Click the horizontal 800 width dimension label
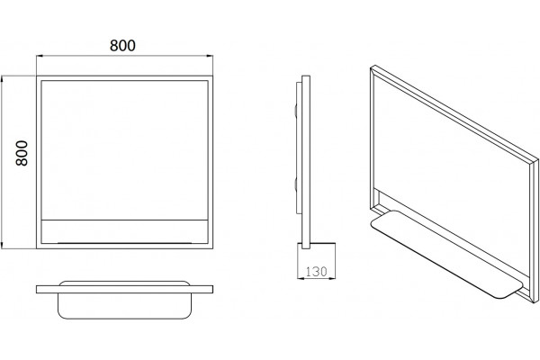coord(122,46)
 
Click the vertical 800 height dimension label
coord(22,153)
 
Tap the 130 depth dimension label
coord(316,272)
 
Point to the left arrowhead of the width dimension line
coord(40,56)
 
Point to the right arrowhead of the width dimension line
coord(210,56)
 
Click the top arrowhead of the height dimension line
coord(2,79)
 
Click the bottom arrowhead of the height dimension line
coord(2,246)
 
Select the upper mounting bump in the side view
coord(295,112)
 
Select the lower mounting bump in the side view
coord(295,184)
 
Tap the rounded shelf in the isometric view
coord(446,253)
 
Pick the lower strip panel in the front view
coord(124,231)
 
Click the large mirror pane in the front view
coord(124,150)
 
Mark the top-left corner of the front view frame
coord(37,76)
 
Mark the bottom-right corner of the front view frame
coord(212,248)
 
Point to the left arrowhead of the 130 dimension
coord(301,278)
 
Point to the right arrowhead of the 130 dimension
coord(332,278)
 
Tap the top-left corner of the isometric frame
coord(371,67)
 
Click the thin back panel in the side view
coord(299,148)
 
